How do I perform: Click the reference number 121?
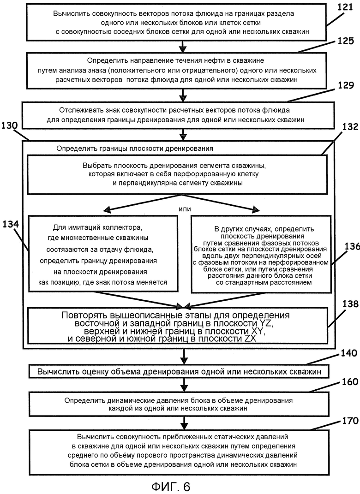click(x=345, y=7)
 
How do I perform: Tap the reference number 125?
click(x=346, y=41)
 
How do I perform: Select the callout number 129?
click(x=346, y=85)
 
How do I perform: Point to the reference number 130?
click(x=9, y=125)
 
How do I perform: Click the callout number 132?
click(x=350, y=127)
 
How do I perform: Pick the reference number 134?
click(x=11, y=224)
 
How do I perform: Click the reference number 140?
click(x=348, y=353)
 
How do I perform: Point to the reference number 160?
click(x=349, y=382)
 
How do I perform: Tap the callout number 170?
click(x=350, y=421)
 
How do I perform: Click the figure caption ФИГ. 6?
click(x=171, y=487)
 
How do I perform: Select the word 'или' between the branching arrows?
click(x=185, y=209)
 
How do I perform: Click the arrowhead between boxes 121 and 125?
click(x=182, y=49)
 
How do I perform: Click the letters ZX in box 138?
click(x=249, y=339)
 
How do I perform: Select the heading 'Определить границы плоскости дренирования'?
click(x=135, y=149)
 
